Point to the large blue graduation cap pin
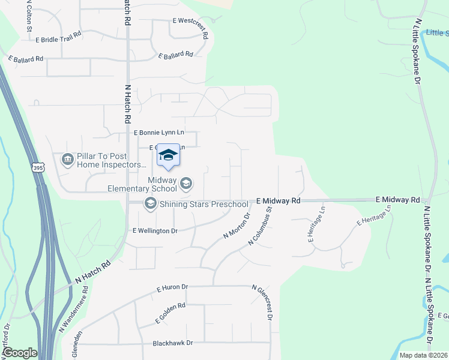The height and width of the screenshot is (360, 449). click(169, 155)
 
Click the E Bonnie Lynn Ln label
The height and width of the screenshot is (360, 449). click(158, 132)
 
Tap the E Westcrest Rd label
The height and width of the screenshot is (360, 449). click(190, 27)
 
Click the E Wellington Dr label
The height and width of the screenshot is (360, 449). click(155, 231)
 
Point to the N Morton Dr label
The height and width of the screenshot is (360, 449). click(236, 227)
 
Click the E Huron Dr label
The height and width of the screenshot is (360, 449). click(172, 289)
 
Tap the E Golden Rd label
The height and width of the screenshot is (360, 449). click(170, 313)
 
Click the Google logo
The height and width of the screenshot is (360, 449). click(19, 353)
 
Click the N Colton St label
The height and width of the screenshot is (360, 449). click(28, 17)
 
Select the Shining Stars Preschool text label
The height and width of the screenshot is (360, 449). click(204, 205)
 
